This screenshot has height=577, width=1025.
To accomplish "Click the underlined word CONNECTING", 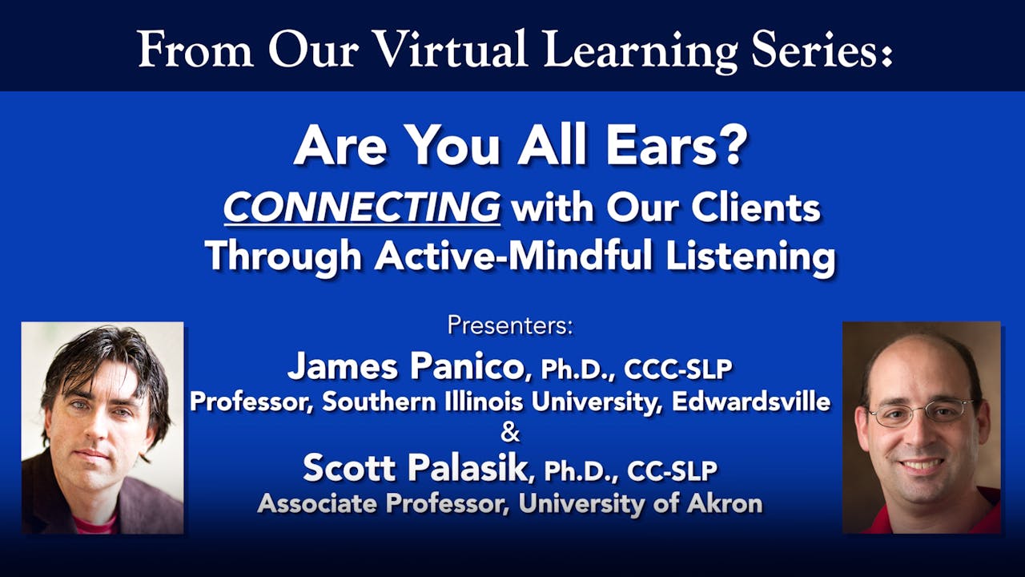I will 362,208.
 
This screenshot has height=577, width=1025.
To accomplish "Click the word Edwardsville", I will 751,401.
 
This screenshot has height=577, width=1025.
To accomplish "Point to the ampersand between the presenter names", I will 510,434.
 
